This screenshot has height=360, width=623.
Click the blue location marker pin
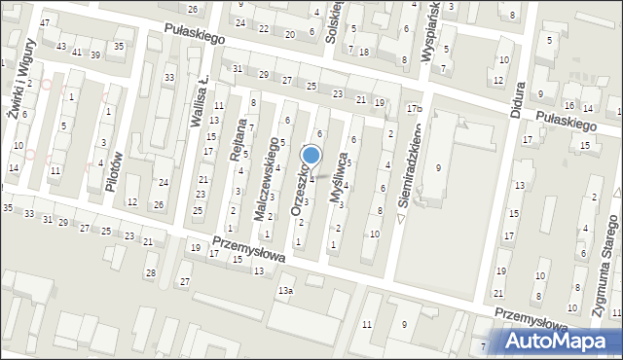coord(311,156)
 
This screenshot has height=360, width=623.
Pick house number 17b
coord(414,108)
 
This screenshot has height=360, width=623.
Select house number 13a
coord(285,291)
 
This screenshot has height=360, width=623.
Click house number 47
coord(45,22)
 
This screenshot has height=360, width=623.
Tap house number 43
coord(61,47)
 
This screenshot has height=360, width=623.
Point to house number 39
coord(95,54)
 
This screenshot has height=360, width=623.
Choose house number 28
coord(150,271)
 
